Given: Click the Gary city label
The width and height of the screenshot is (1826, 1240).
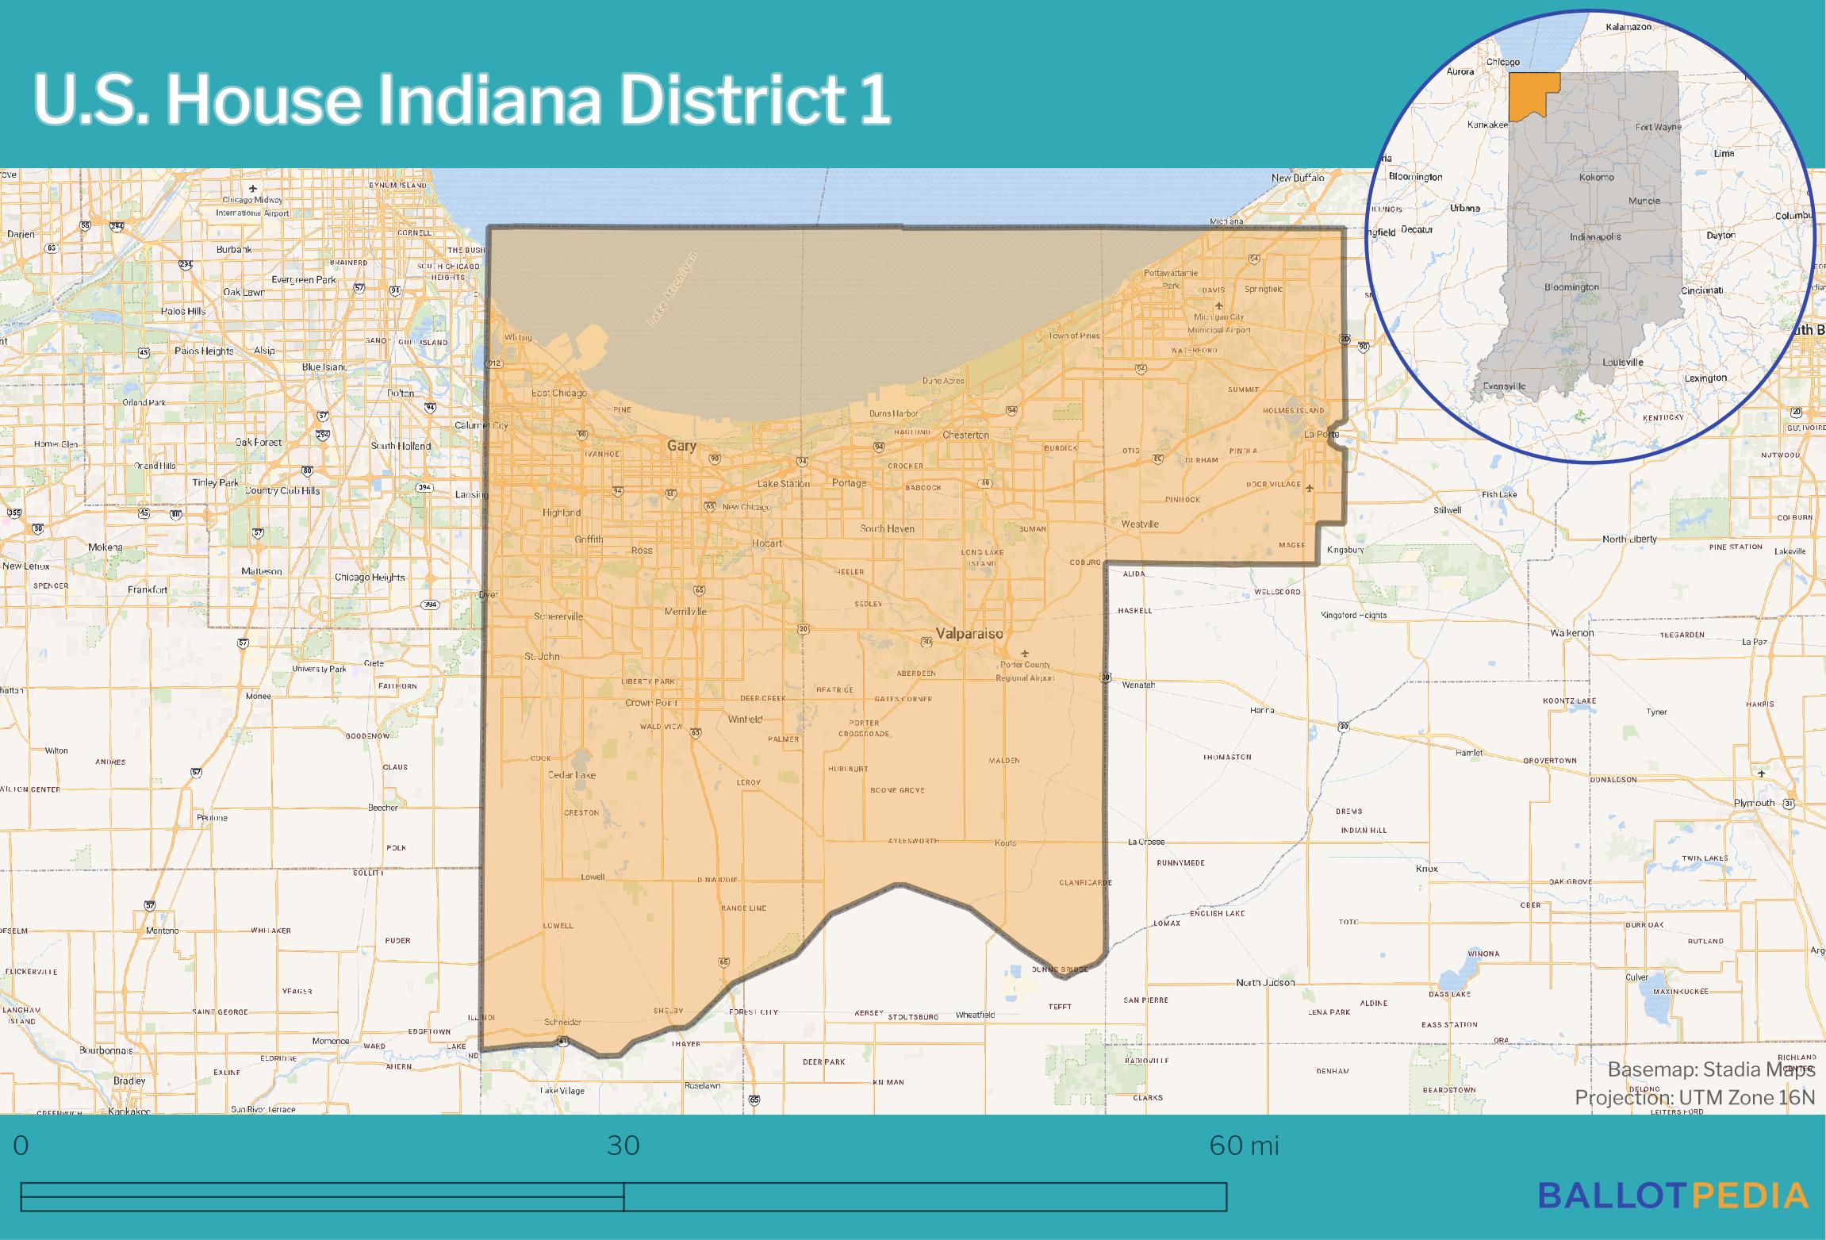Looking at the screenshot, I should pos(681,446).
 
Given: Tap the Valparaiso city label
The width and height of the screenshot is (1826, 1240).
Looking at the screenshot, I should pos(969,633).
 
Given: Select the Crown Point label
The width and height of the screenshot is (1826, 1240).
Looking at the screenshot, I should pos(650,703).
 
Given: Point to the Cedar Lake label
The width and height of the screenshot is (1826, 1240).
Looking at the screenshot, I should pos(572,775).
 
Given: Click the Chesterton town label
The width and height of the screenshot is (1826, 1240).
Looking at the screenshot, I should pos(965,435).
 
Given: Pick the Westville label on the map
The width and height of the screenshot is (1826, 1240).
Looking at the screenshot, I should pos(1139,524).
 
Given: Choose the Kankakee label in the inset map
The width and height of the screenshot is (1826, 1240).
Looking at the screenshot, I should pos(1487,125).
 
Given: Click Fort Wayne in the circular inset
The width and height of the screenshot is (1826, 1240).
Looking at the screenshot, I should pos(1658,127).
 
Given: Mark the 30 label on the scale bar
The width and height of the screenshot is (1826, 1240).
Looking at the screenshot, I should pos(623,1146).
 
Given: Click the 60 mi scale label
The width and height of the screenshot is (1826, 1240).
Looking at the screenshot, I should pos(1244,1146).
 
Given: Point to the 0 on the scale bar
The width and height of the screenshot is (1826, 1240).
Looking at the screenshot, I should pos(21,1146).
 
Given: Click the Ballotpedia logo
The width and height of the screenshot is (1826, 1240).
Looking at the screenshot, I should pos(1673,1195).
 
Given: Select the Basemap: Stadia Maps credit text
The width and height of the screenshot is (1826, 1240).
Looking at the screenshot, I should pos(1710,1069).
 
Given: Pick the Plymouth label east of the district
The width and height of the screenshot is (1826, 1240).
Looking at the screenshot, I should pos(1754,803).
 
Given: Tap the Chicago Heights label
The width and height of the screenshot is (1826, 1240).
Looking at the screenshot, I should pos(370,577).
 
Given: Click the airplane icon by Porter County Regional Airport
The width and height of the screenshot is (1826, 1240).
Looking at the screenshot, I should pos(1025,653).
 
